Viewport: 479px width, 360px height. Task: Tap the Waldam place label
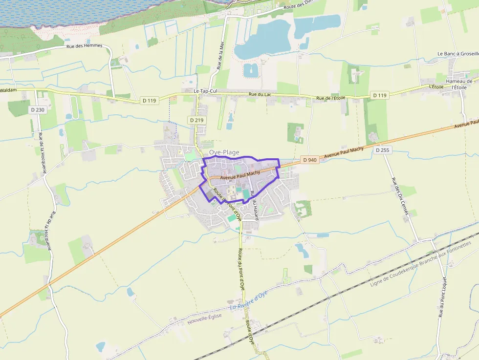coord(8,90)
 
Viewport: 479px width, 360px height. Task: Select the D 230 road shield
coord(37,110)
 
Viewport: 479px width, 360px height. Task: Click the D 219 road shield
coord(197,120)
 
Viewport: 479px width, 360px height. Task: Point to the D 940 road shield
coord(309,160)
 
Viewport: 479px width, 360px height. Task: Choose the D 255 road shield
coord(383,150)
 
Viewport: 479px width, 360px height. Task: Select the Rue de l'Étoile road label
coord(330,98)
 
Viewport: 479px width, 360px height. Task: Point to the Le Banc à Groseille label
coord(457,54)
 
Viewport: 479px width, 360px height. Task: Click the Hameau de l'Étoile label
coord(461,84)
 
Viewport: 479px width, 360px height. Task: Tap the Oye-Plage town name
coord(224,152)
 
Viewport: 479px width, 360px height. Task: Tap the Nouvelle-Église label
coord(204,319)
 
